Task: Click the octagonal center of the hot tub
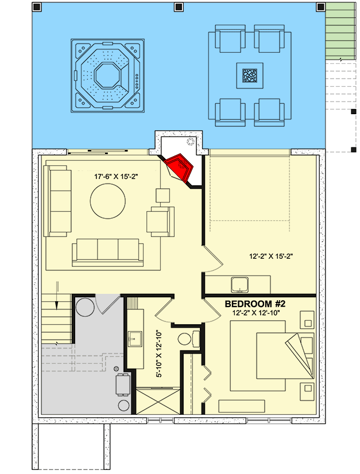click(x=107, y=75)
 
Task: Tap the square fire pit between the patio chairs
click(x=249, y=76)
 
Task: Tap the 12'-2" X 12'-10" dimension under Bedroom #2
click(x=261, y=313)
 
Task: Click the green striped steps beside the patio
click(x=341, y=29)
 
